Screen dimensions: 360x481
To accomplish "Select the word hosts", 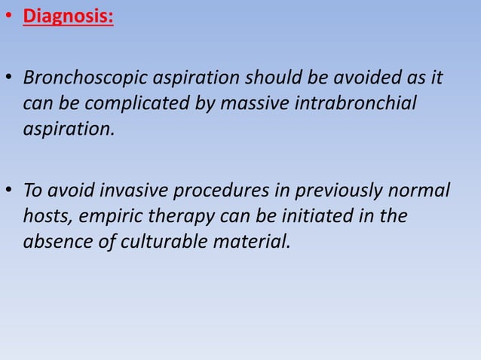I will pos(44,216).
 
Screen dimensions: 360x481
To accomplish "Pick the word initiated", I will pos(319,216).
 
